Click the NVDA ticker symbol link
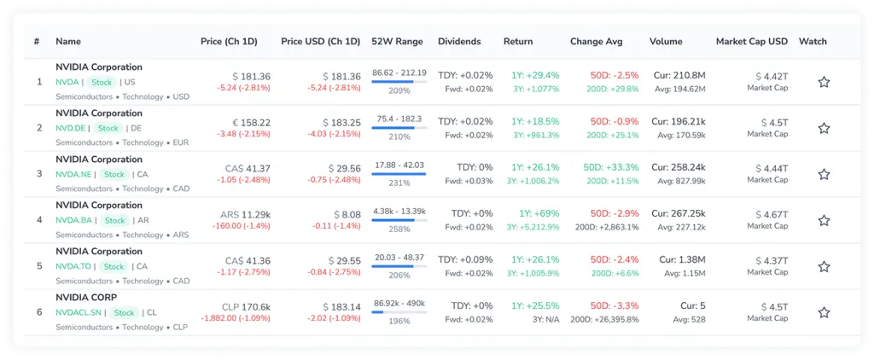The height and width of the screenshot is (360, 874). pyautogui.click(x=67, y=83)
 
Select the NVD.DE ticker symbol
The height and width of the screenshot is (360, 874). pyautogui.click(x=70, y=129)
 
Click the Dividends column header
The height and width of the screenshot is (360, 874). pyautogui.click(x=459, y=42)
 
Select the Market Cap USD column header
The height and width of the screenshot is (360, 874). pyautogui.click(x=751, y=42)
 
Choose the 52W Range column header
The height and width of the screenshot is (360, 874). pyautogui.click(x=397, y=42)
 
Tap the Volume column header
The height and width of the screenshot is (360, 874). pyautogui.click(x=666, y=42)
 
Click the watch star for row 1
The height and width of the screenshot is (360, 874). pyautogui.click(x=824, y=82)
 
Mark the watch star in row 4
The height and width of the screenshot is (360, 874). pyautogui.click(x=824, y=220)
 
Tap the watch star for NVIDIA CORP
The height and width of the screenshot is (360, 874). pyautogui.click(x=824, y=312)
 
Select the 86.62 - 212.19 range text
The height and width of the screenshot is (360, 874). pyautogui.click(x=399, y=73)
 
